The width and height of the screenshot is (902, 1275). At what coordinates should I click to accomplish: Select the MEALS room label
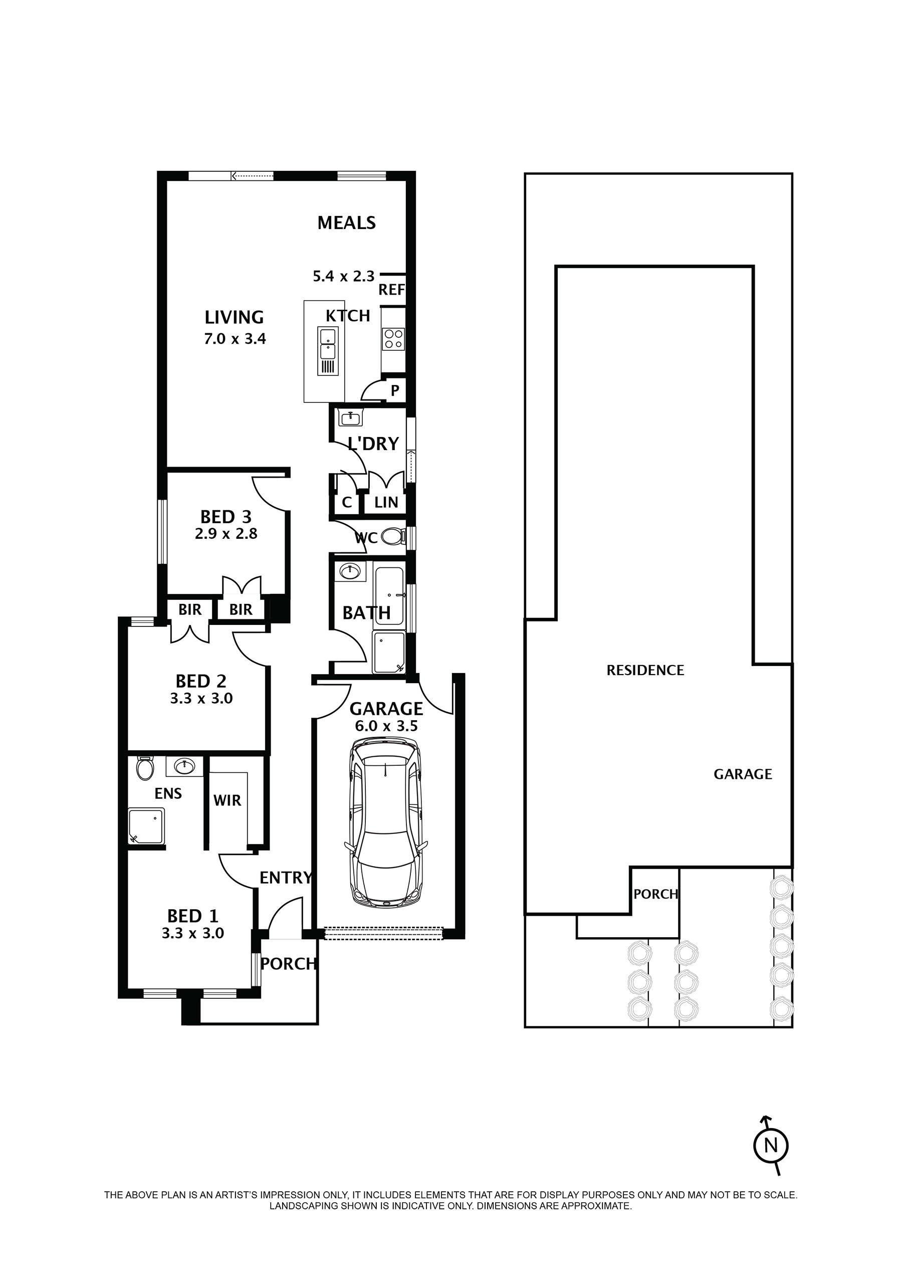click(x=347, y=223)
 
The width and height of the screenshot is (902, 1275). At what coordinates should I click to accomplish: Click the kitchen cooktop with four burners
click(x=394, y=338)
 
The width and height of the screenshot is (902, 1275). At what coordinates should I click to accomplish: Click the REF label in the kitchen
click(x=391, y=290)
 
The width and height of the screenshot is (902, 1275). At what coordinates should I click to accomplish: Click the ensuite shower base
click(x=147, y=826)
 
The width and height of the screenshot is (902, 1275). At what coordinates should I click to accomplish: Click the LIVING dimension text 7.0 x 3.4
click(x=235, y=338)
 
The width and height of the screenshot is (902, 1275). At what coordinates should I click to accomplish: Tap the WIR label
click(x=227, y=800)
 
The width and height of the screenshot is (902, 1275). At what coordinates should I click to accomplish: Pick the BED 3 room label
click(x=226, y=517)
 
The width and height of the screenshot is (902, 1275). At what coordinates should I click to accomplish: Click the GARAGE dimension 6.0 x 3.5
click(x=386, y=726)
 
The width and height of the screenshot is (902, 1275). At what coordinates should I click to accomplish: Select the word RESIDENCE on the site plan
click(x=645, y=670)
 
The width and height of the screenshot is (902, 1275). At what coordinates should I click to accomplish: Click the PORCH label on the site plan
click(x=656, y=894)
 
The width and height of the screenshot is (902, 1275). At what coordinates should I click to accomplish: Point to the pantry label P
click(x=395, y=390)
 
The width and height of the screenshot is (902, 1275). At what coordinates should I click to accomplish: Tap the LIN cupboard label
click(x=386, y=502)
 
